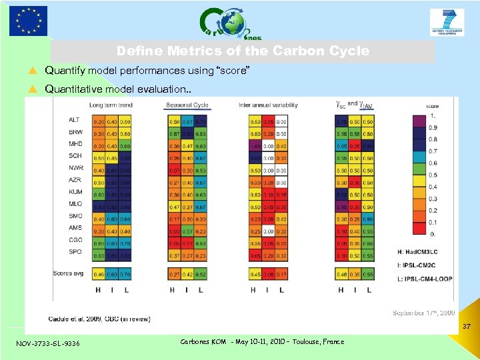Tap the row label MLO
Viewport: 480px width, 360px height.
pyautogui.click(x=75, y=204)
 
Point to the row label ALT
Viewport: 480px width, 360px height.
pyautogui.click(x=74, y=120)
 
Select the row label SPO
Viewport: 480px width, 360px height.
pyautogui.click(x=75, y=251)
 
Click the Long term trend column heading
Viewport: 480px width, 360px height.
pyautogui.click(x=110, y=105)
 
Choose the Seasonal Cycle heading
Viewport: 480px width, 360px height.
pyautogui.click(x=187, y=105)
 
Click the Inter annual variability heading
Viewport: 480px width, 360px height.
pyautogui.click(x=269, y=105)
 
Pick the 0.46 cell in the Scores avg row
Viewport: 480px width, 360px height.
pyautogui.click(x=99, y=274)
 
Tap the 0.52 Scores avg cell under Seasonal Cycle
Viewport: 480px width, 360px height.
pyautogui.click(x=201, y=274)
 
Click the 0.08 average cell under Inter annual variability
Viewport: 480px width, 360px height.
pyautogui.click(x=269, y=274)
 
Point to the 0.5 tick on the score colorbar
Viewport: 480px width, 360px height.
pyautogui.click(x=433, y=175)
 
